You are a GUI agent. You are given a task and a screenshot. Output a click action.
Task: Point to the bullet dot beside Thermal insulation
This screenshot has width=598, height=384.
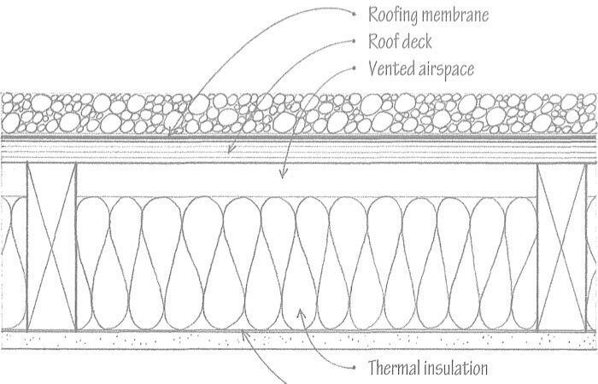pyautogui.click(x=352, y=367)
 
